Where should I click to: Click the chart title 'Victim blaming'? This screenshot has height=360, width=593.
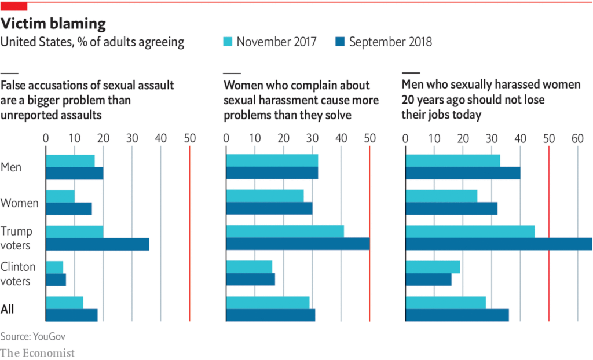(53, 24)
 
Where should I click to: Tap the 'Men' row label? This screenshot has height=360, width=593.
(11, 167)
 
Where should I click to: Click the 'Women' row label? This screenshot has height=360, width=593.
(19, 203)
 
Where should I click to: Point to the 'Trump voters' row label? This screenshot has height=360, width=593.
(17, 238)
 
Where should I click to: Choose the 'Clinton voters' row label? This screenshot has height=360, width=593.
(18, 274)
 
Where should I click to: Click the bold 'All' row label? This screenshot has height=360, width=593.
(8, 310)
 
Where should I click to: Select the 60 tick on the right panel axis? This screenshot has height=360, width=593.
(577, 138)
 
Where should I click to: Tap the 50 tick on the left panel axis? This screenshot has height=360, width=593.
(189, 138)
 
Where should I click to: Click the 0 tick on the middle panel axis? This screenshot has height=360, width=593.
(226, 138)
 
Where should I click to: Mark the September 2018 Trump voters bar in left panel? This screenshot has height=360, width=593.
(97, 244)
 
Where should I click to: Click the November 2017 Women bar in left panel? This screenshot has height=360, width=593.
(60, 196)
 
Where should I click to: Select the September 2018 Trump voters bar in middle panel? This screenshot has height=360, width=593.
(298, 244)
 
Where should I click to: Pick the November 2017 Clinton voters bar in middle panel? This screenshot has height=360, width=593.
(249, 267)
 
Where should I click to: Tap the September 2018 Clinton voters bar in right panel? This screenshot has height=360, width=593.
(428, 280)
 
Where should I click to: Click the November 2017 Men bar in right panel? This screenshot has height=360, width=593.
(452, 161)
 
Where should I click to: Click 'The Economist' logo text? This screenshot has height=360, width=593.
(37, 352)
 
